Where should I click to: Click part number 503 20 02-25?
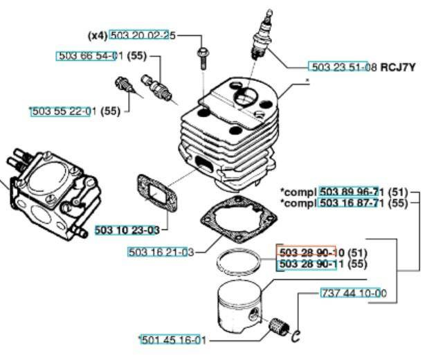coord(143,35)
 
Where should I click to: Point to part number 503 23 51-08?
coord(343,67)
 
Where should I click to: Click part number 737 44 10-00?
coord(353,293)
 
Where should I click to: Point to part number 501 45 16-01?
coord(172,340)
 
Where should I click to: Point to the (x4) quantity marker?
coord(98,35)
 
